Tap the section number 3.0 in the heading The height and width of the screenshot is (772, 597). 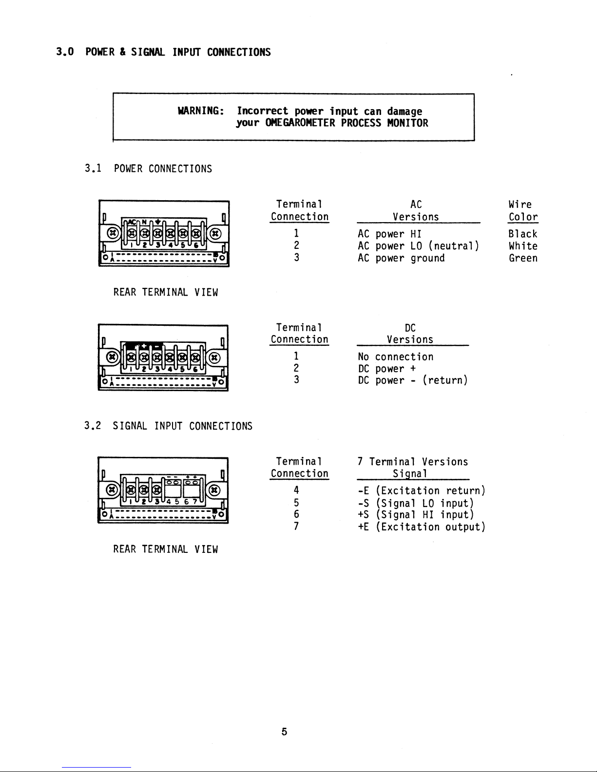coord(64,52)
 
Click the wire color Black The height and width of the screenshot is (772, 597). coord(522,234)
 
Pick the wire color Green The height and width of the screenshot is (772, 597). coord(522,258)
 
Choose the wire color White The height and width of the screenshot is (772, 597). coord(522,246)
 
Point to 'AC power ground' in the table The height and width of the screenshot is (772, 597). coord(401,258)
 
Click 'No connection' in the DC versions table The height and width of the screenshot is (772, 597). coord(395,357)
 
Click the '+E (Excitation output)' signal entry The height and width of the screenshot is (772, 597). coord(422,527)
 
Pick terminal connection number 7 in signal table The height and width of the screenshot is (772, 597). coord(296,527)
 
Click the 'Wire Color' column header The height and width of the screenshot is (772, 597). coord(522,211)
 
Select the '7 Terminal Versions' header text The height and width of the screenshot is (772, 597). coord(412,462)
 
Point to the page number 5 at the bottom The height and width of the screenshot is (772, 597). coord(284,732)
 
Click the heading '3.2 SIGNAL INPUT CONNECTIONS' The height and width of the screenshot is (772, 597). coord(168,426)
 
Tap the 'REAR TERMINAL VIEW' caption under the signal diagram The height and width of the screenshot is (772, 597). coord(165,549)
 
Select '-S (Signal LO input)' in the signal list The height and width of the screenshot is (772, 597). coord(416,503)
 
